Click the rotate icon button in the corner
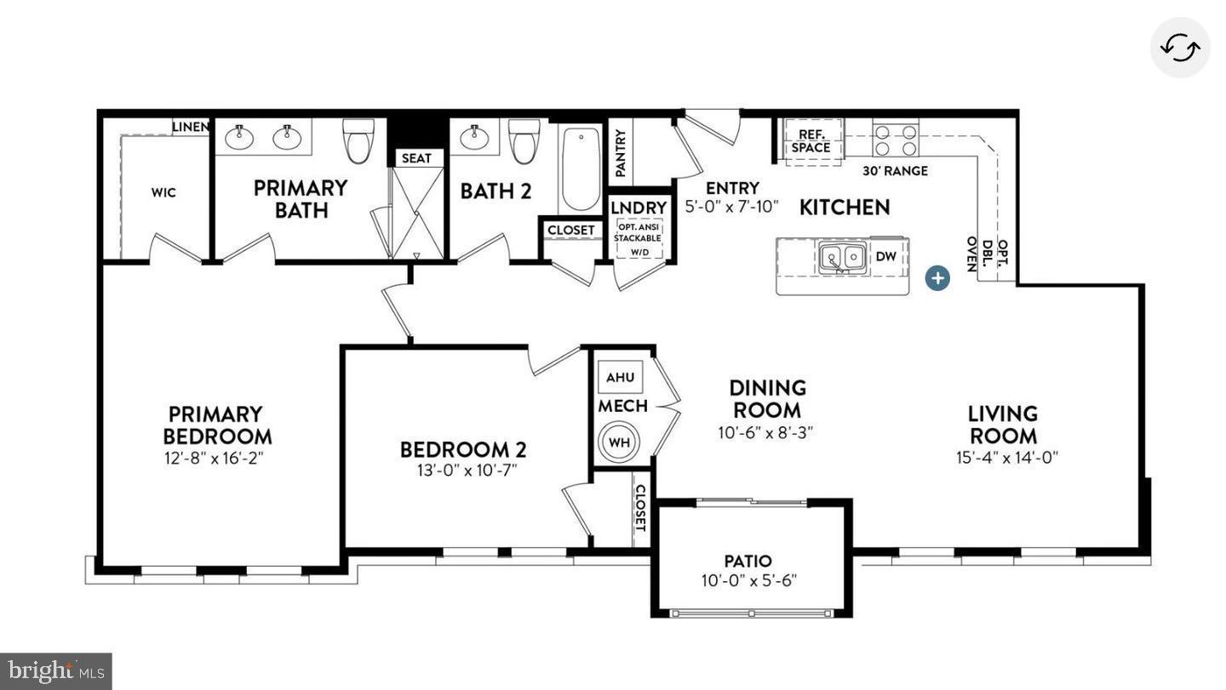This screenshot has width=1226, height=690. [x=1180, y=48]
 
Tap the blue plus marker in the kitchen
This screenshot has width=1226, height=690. [x=937, y=277]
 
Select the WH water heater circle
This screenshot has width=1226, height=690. [x=619, y=442]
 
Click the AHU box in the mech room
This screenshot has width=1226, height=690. [x=620, y=378]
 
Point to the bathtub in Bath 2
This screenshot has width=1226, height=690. [x=581, y=168]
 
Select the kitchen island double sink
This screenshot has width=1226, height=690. [x=842, y=257]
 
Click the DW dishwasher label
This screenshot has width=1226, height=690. [x=886, y=256]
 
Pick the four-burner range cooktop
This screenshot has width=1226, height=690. [x=896, y=140]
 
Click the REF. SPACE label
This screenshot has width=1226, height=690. [x=811, y=141]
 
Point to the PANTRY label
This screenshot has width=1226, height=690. [x=621, y=153]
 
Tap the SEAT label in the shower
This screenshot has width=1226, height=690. [x=416, y=158]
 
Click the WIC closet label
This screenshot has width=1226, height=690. [x=163, y=192]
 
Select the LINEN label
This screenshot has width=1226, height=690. [x=190, y=127]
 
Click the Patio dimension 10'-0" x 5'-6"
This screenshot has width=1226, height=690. [x=748, y=582]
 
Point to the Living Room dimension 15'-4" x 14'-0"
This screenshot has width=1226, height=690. [x=1006, y=458]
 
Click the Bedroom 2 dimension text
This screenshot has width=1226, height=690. [x=464, y=470]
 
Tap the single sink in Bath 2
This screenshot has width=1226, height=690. [x=473, y=136]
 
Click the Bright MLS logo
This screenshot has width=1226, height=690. [x=55, y=671]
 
